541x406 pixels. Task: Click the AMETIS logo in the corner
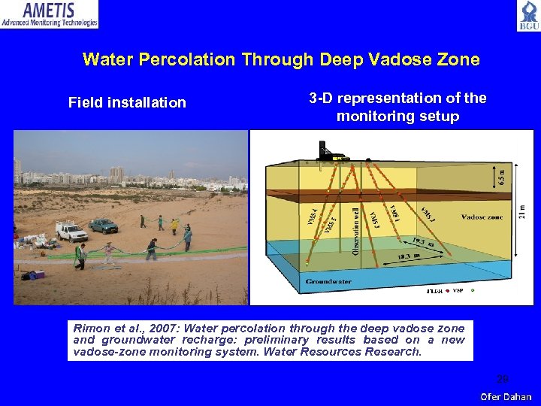point(50,14)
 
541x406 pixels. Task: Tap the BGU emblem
point(527,16)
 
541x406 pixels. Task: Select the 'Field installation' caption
point(127,103)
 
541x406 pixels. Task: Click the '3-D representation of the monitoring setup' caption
point(397,107)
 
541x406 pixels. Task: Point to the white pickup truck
point(71,232)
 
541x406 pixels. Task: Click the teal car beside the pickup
point(103,225)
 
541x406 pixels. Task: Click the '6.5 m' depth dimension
point(503,177)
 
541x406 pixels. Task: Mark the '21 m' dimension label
point(523,213)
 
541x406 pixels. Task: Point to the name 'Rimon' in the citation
point(92,329)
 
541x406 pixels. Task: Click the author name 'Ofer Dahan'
point(506,396)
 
